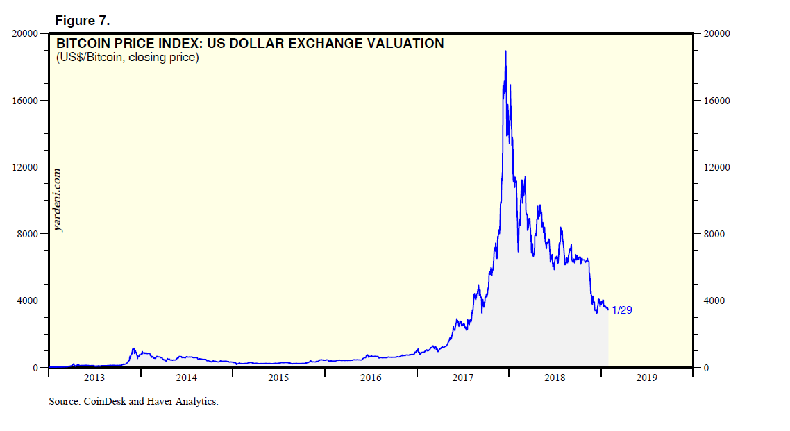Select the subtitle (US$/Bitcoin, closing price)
click(x=128, y=58)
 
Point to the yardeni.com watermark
click(x=58, y=199)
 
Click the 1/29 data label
click(x=622, y=310)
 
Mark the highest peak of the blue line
click(x=505, y=51)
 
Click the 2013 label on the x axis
click(x=94, y=378)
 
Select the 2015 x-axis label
click(x=278, y=378)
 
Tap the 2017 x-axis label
click(x=462, y=378)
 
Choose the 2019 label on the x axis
click(x=646, y=378)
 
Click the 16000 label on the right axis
click(x=716, y=101)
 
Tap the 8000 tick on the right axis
click(x=714, y=234)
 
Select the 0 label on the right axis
click(x=706, y=368)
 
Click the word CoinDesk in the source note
click(x=104, y=401)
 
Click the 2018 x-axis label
click(x=555, y=378)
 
